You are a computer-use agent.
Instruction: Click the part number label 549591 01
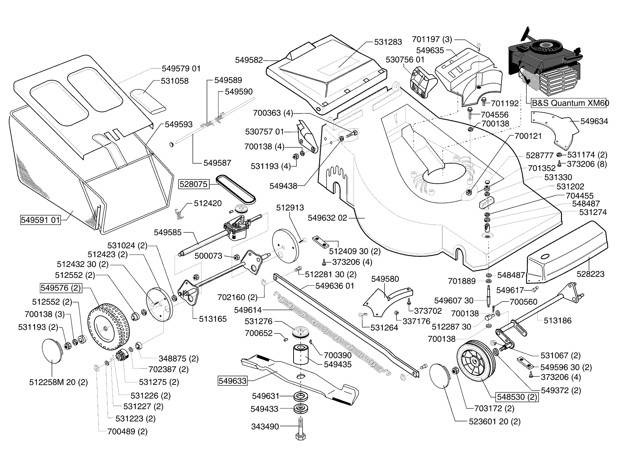(40, 220)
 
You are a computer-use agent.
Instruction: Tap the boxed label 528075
(194, 184)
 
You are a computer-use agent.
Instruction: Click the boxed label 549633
(232, 381)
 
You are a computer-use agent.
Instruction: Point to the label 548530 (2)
(517, 397)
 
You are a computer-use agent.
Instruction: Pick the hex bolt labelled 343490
(301, 429)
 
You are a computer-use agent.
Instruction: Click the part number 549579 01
(181, 68)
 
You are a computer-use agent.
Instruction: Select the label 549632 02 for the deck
(327, 218)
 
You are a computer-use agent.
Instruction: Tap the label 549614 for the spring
(248, 310)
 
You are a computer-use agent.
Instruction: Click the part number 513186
(558, 320)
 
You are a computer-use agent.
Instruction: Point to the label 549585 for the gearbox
(167, 232)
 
